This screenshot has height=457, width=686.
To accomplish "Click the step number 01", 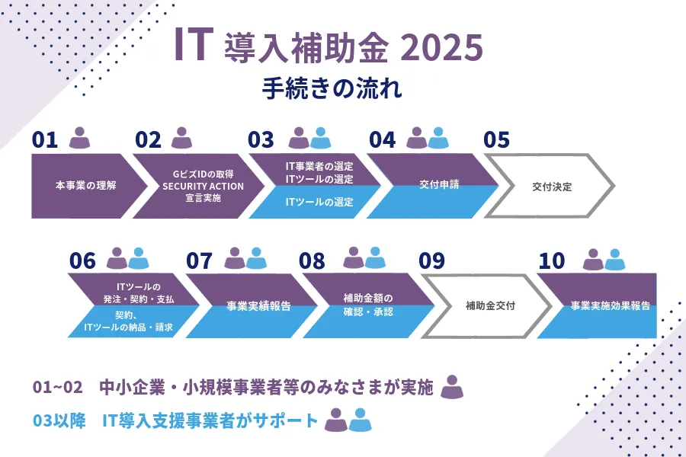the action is [x=45, y=140].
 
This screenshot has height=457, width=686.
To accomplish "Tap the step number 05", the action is [x=496, y=140].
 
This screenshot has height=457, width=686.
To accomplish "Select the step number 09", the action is [x=431, y=261].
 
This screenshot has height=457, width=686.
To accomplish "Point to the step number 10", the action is [x=552, y=261].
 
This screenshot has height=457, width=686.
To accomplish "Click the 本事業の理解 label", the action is [x=85, y=185].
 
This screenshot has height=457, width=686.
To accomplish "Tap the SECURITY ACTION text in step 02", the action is [x=203, y=187].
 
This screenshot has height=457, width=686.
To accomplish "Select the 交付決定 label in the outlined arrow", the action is [x=552, y=187].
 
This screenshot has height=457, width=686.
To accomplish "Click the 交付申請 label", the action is [x=439, y=184].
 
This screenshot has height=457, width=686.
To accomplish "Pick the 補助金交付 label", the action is [x=490, y=305].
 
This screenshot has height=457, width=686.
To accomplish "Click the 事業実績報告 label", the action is [x=258, y=306].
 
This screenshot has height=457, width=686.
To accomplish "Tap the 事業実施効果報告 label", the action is [x=611, y=305].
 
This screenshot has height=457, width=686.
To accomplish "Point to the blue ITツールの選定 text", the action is [x=319, y=202].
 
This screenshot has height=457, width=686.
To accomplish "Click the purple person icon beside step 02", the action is [x=181, y=138].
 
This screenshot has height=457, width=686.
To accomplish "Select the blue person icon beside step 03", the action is [x=320, y=138].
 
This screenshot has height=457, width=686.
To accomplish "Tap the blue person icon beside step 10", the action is [x=614, y=259].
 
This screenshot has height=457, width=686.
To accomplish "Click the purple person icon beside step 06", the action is [x=117, y=258].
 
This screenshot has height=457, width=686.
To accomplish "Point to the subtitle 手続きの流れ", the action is [x=332, y=88].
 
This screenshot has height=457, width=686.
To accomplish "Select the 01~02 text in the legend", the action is [x=58, y=388].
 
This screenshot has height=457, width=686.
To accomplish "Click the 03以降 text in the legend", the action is [x=59, y=420].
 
